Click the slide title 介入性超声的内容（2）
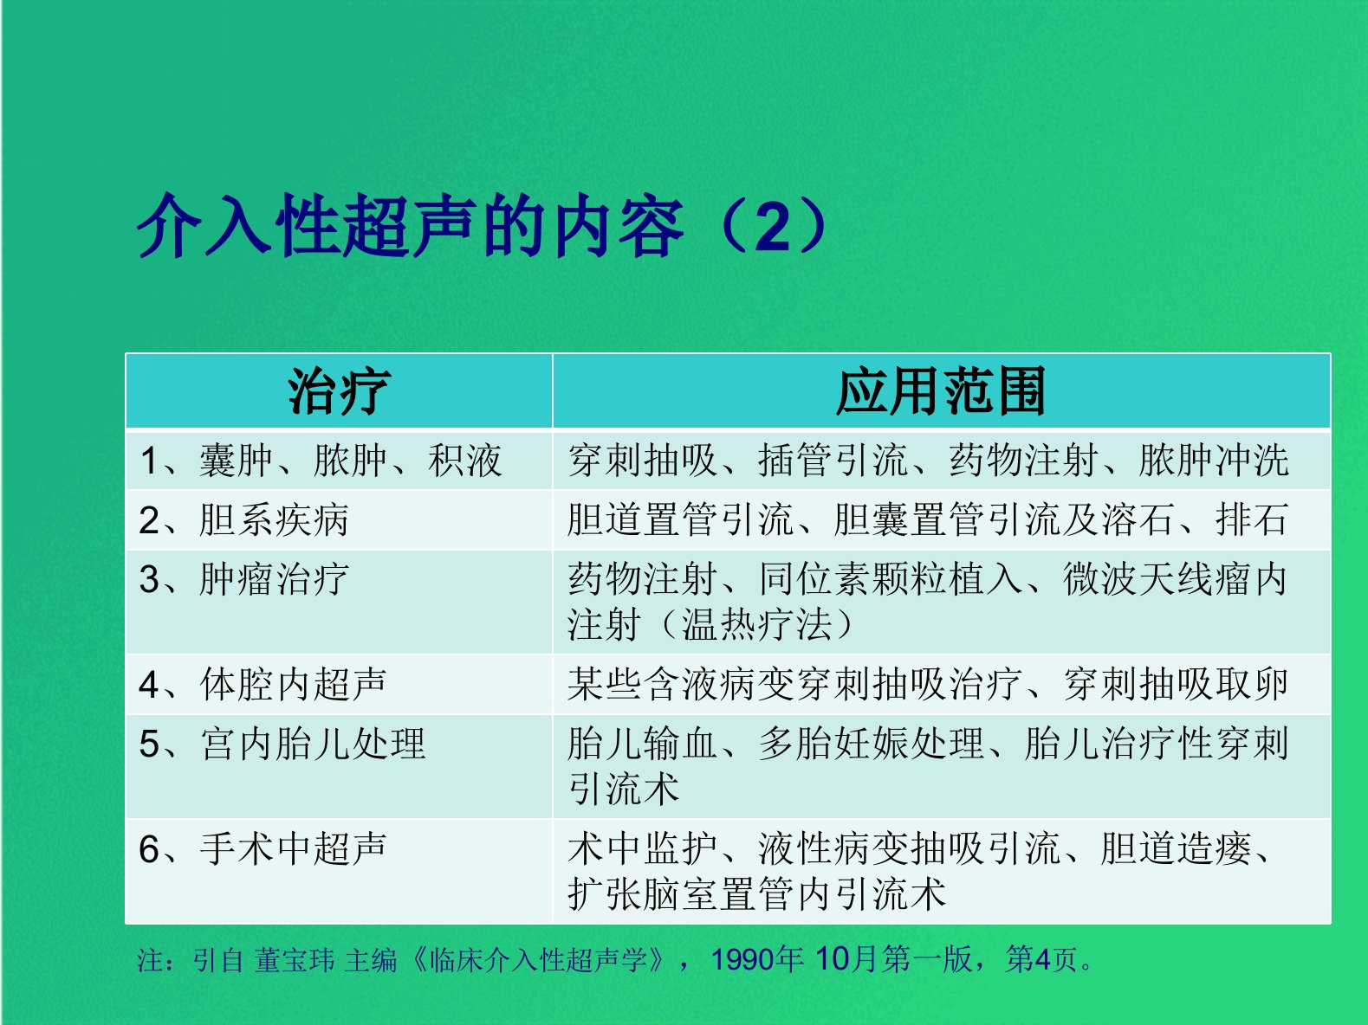pos(483,225)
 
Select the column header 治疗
pos(339,391)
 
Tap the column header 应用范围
pos(941,391)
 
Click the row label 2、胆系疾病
pos(243,520)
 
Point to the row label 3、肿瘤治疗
pos(243,579)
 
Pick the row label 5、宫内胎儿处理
pos(282,744)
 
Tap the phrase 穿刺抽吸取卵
pos(1176,685)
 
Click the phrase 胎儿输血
pos(643,744)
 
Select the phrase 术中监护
pos(643,848)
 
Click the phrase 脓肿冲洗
pos(1214,461)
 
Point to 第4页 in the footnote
pos(1041,959)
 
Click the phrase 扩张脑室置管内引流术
pos(756,894)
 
